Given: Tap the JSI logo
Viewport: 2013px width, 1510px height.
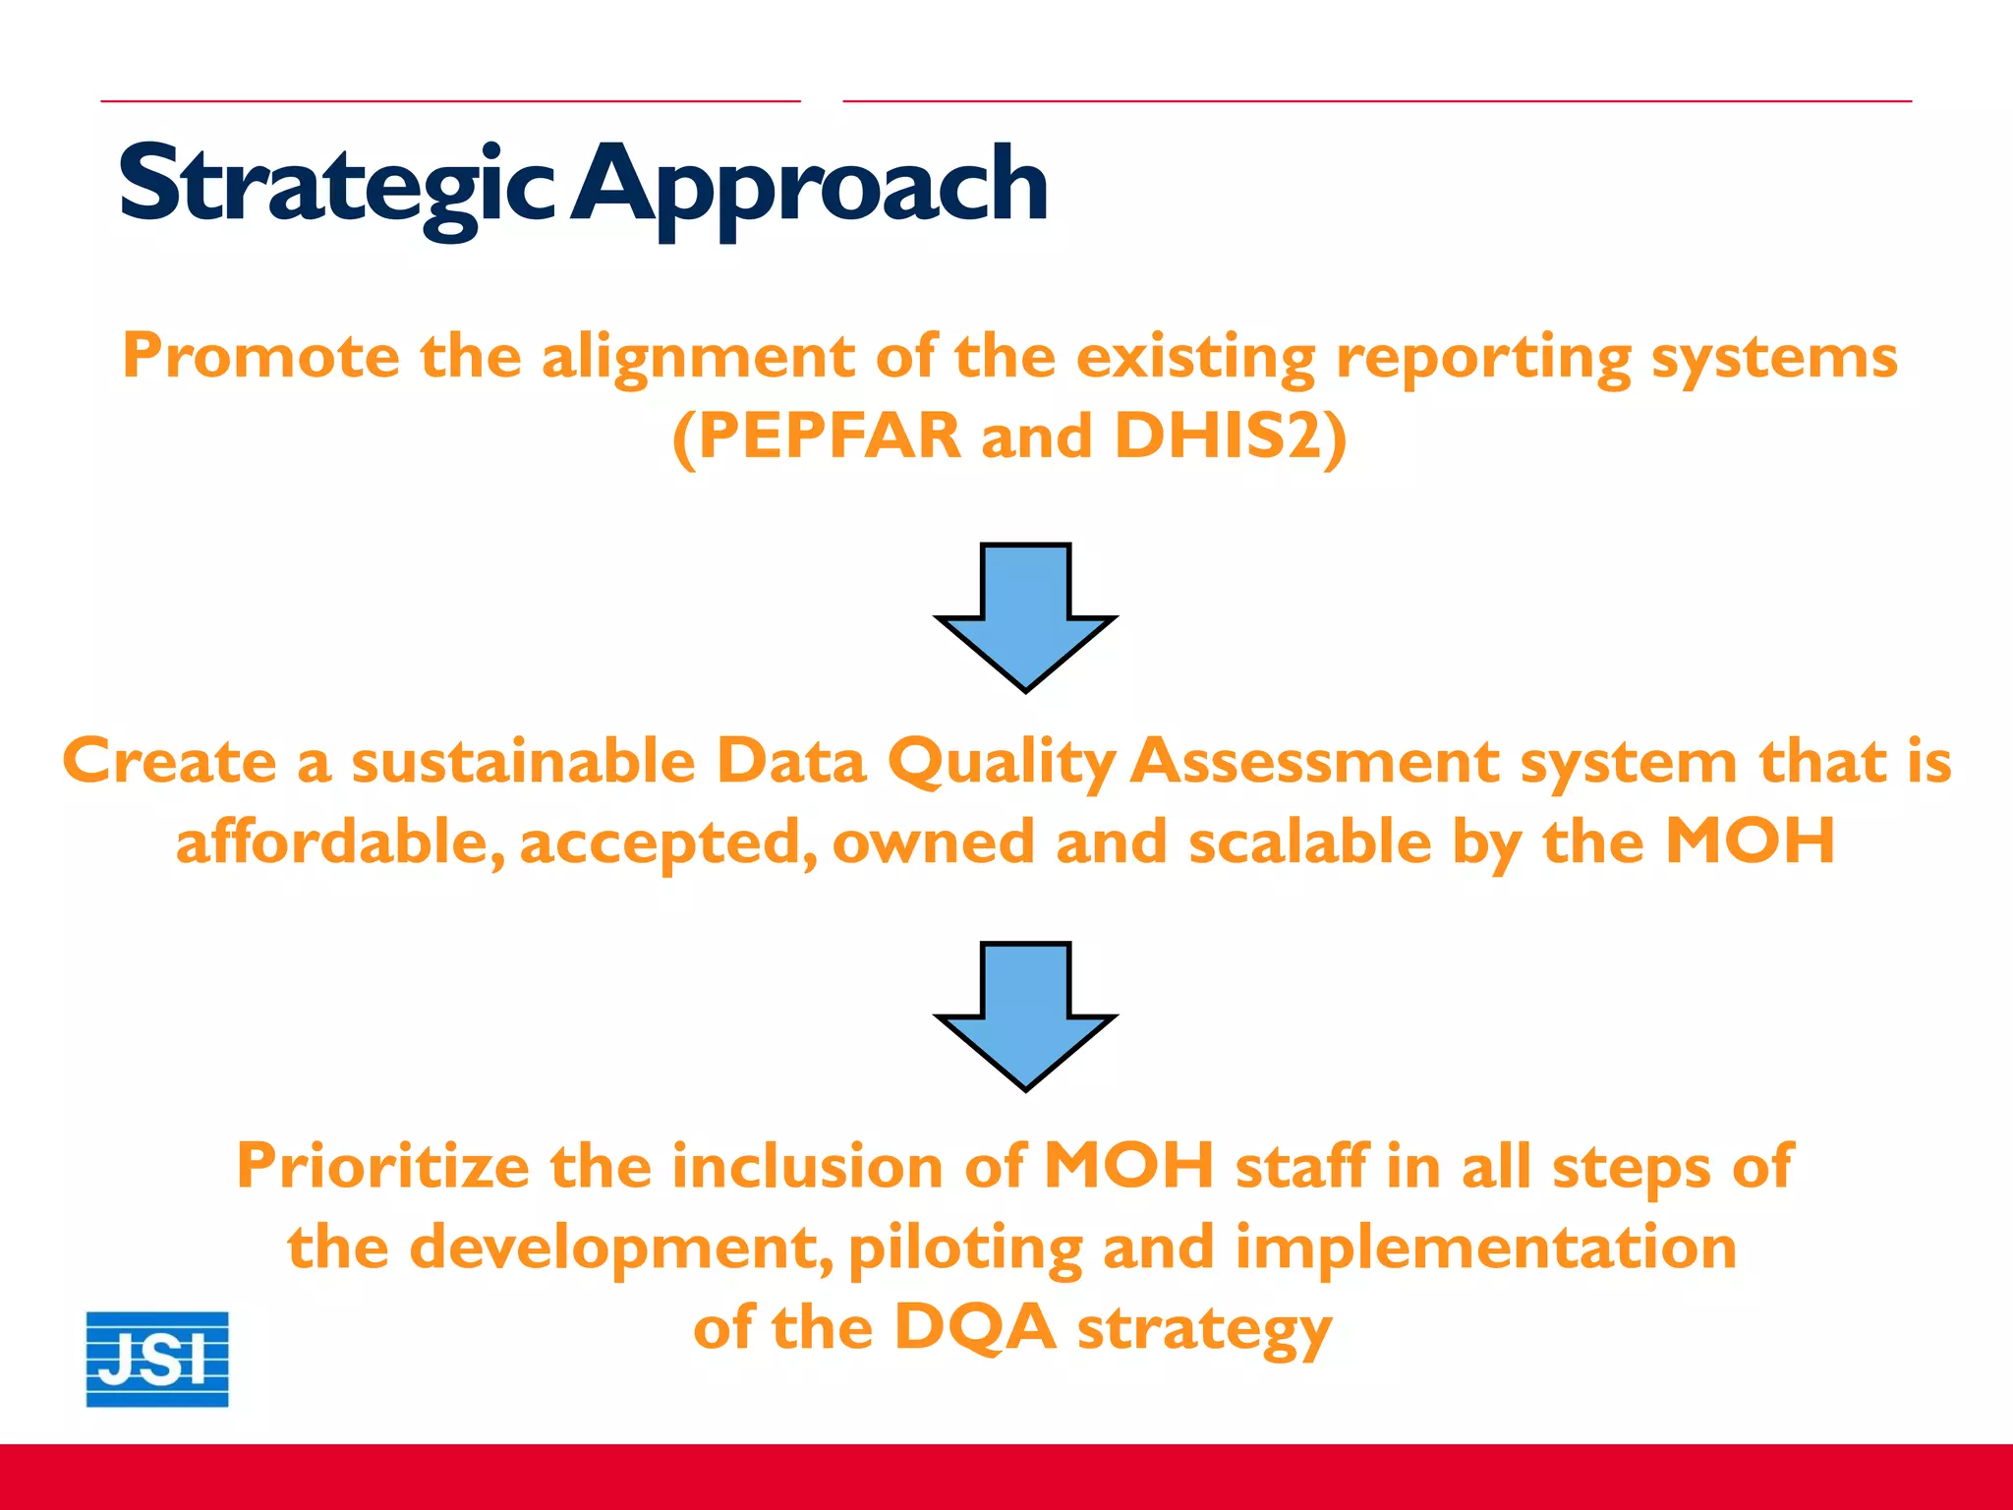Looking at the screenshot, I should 157,1359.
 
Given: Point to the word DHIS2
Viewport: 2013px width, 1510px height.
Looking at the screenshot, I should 1219,436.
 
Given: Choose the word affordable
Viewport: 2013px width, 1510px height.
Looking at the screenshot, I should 340,842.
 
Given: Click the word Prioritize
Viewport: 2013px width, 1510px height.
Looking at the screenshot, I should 383,1167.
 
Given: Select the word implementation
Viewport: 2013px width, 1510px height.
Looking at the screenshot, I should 1485,1248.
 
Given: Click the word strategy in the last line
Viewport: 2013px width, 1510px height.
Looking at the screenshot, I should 1205,1328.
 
